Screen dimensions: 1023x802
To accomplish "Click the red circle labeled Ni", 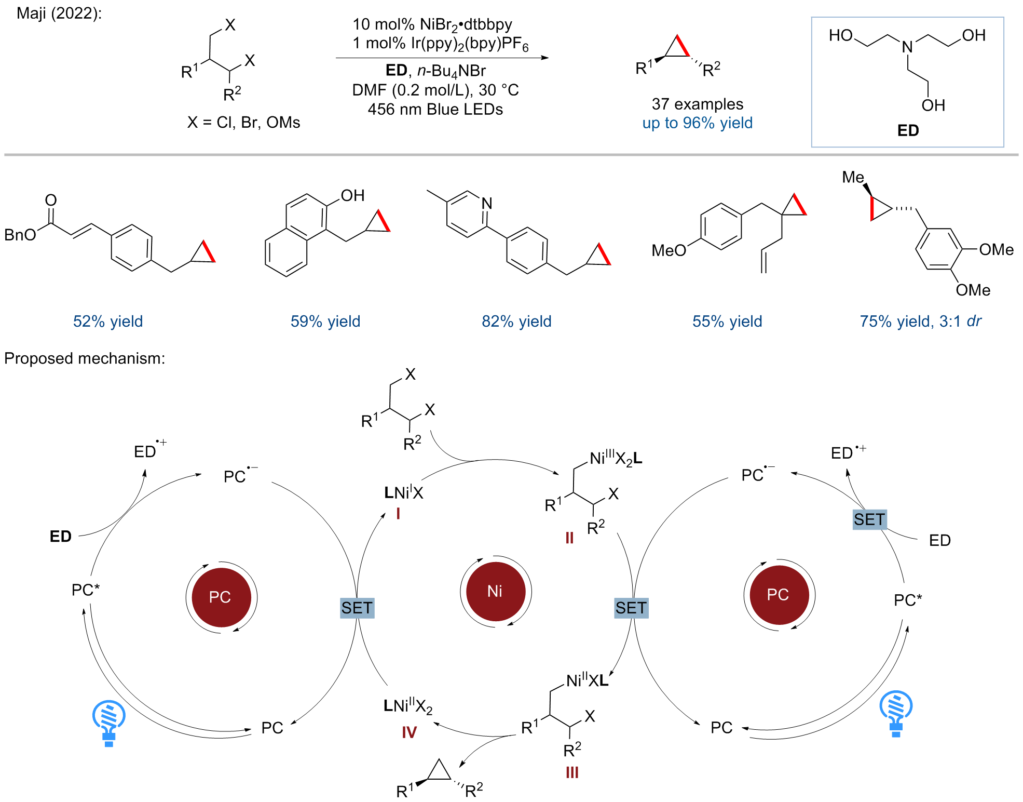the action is click(495, 592).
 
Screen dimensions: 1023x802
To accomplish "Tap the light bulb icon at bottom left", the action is click(108, 723).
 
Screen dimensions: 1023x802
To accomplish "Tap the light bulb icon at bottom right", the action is click(896, 713).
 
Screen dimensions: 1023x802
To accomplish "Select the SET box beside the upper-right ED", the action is click(869, 519).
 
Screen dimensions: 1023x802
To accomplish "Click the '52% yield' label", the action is click(108, 321).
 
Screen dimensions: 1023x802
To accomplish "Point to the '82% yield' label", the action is click(516, 321).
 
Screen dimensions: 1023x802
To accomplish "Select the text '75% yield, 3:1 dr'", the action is click(920, 321).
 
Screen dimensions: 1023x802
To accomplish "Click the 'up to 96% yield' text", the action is click(697, 123).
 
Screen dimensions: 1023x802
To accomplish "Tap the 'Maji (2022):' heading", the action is click(59, 13).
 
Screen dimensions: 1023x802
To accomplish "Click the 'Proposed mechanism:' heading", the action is click(85, 358).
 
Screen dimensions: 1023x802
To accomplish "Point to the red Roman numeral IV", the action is click(409, 732).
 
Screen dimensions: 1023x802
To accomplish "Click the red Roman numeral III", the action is click(572, 772).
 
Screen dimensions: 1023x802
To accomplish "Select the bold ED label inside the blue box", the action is click(908, 130).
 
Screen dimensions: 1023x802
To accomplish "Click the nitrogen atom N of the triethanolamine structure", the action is click(907, 47).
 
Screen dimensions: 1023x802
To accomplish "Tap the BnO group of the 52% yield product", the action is click(20, 235).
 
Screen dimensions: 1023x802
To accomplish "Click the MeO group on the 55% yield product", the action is click(669, 250).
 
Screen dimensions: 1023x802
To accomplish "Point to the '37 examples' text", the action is click(698, 104).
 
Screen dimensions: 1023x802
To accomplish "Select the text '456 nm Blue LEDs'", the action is click(435, 109).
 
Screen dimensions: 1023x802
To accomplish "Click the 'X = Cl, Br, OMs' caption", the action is click(244, 122).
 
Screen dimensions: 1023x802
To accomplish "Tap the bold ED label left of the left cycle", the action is click(61, 536).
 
